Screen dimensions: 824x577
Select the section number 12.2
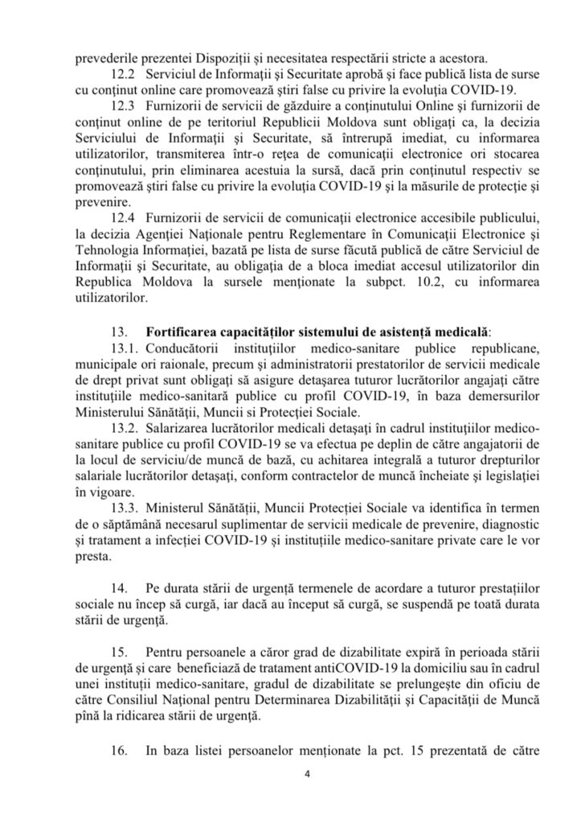click(121, 73)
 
